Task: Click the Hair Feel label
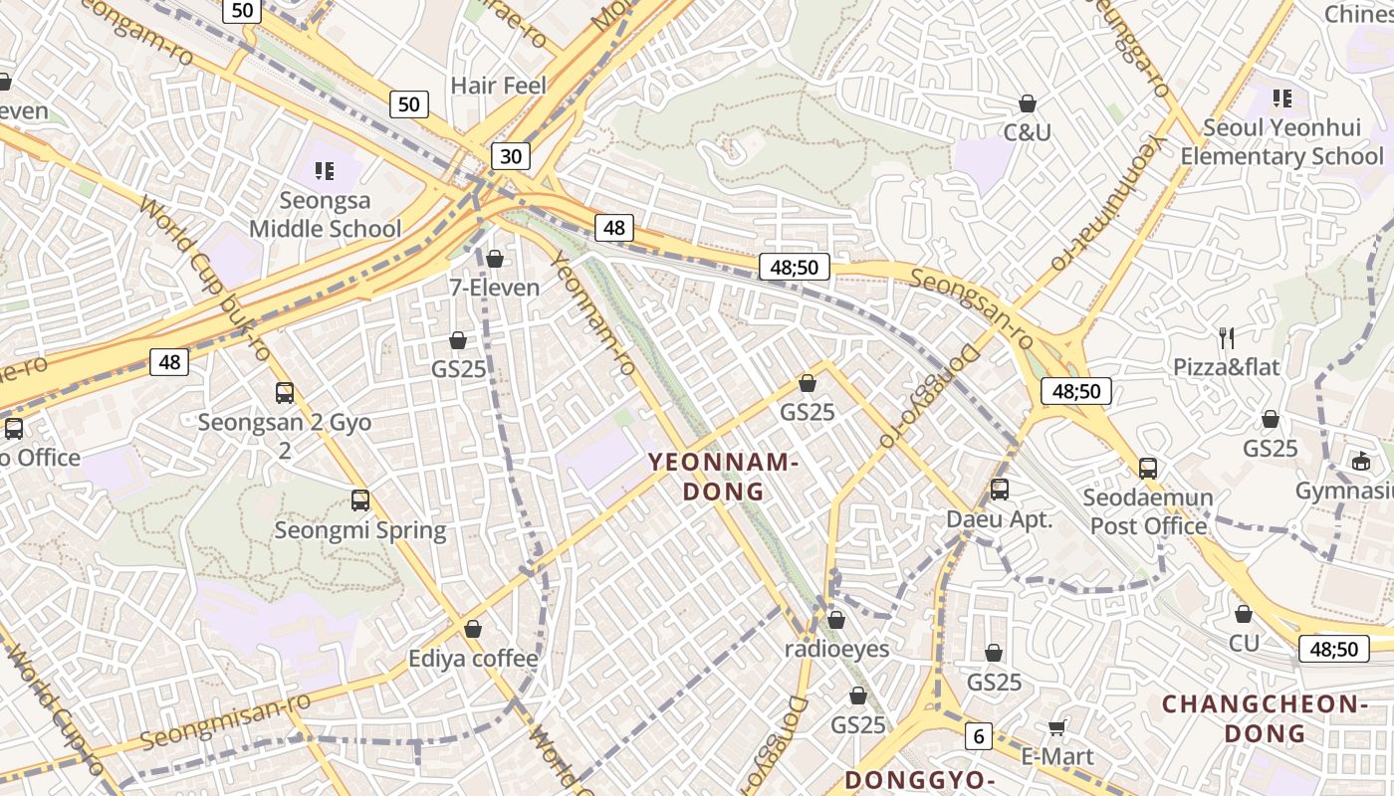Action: tap(499, 86)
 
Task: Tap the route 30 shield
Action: tap(510, 155)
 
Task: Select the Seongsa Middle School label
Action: tap(325, 214)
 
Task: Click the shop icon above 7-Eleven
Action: tap(495, 259)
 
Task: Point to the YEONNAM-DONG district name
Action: tap(723, 477)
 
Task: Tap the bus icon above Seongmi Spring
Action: tap(360, 499)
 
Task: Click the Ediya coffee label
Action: tap(473, 659)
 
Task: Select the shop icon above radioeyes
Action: tap(836, 620)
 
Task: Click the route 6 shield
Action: tap(979, 736)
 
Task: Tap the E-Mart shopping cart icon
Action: tap(1056, 727)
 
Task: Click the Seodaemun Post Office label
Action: tap(1148, 511)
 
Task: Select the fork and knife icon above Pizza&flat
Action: tap(1227, 337)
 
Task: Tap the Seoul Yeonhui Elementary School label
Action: tap(1280, 141)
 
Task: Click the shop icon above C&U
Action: tap(1028, 103)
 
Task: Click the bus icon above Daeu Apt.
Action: tap(999, 489)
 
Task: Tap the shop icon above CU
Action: tap(1243, 614)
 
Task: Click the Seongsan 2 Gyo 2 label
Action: tap(285, 436)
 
